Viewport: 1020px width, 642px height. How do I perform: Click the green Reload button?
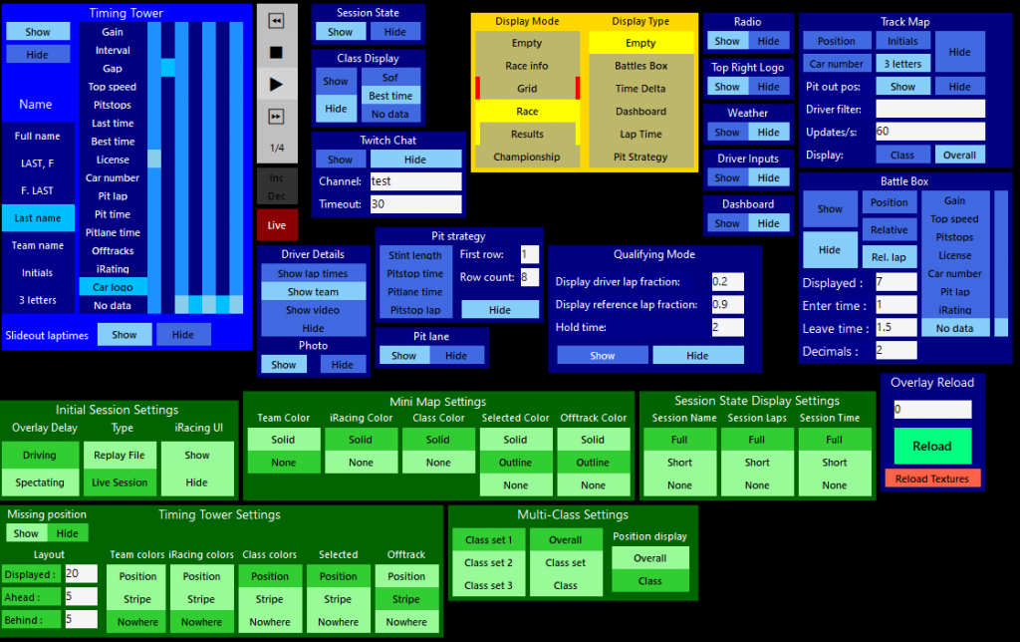932,446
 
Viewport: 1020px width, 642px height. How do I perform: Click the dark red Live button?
277,224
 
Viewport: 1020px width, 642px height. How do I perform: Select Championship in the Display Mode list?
527,157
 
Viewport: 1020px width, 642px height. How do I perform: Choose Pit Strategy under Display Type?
640,157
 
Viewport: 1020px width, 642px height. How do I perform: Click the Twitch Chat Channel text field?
414,181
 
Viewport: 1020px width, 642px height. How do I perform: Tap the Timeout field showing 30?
414,203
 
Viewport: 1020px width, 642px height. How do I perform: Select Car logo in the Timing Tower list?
113,287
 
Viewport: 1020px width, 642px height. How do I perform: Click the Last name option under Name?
37,218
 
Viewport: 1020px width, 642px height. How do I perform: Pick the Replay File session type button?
119,455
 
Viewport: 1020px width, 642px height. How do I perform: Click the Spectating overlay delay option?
40,482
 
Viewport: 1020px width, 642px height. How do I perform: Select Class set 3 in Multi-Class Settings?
488,585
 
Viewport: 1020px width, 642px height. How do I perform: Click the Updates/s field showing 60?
929,132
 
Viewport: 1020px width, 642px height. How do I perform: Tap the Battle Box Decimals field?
895,350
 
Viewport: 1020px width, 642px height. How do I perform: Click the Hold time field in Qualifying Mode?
727,327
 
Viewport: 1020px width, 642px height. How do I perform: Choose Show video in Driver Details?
313,310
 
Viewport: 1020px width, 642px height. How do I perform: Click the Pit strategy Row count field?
529,276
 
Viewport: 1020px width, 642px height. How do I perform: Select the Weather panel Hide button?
768,133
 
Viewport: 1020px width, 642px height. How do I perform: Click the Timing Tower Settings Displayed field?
80,574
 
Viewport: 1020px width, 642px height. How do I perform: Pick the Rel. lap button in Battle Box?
888,257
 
